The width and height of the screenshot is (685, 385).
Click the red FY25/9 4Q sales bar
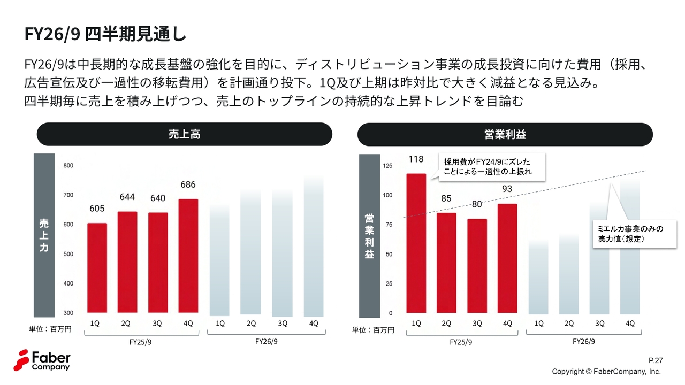coord(188,256)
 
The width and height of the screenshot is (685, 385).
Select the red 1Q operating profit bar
coord(416,243)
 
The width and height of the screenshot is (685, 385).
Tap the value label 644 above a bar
coord(127,197)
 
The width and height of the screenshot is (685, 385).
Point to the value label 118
coord(416,159)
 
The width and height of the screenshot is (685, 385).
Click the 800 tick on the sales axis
coord(68,166)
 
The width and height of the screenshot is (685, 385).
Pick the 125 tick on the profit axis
coord(387,166)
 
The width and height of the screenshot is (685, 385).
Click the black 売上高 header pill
coord(184,134)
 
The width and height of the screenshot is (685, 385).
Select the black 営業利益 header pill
coord(505,134)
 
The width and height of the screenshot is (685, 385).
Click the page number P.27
coord(655,361)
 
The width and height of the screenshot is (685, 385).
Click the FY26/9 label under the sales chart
coord(266,342)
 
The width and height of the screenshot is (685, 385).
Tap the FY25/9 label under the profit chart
coord(461,342)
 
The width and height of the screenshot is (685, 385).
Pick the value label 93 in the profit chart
coord(507,189)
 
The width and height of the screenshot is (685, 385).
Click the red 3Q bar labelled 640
coord(158,263)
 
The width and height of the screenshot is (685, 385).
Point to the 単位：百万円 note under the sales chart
coord(50,329)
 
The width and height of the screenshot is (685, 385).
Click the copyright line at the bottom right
coord(606,372)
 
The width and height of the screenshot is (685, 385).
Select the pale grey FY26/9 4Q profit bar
coord(630,246)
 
